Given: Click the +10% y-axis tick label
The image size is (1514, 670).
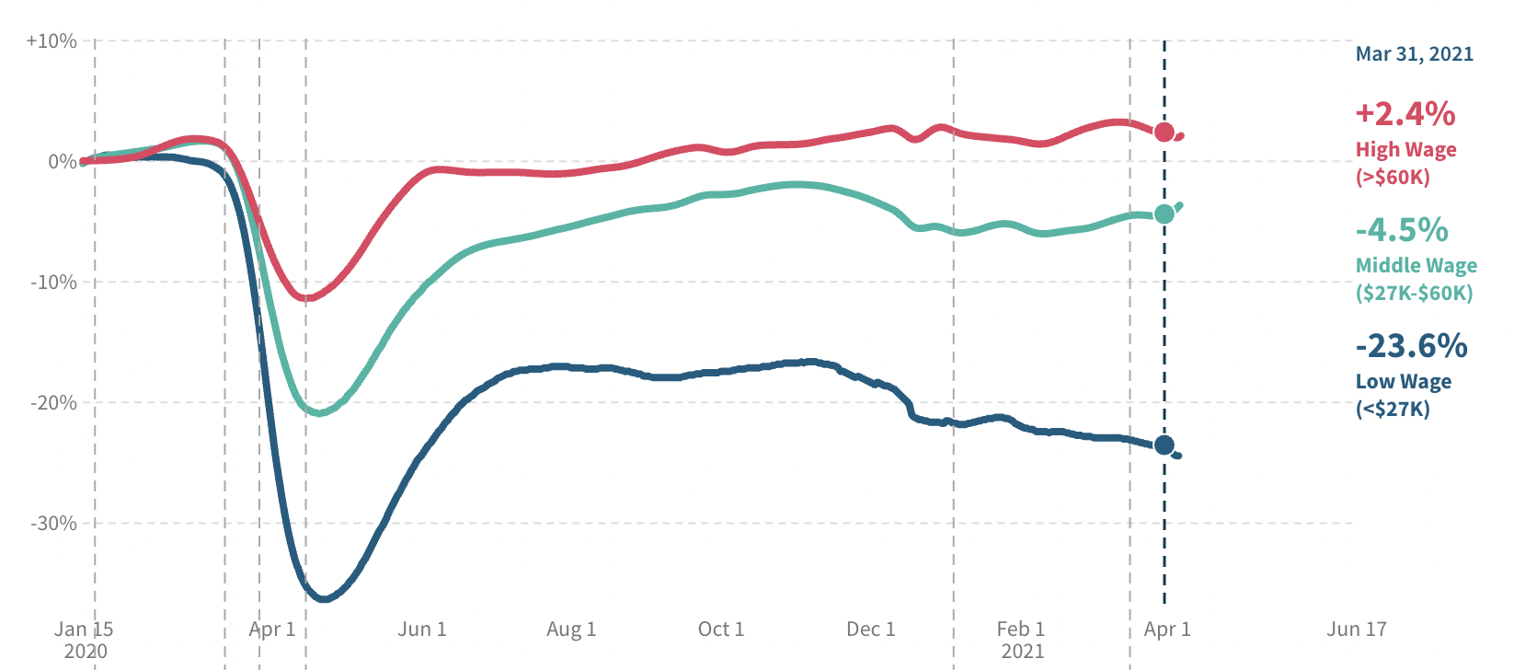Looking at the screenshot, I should point(52,41).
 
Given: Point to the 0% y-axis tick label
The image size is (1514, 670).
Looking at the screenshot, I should point(62,162).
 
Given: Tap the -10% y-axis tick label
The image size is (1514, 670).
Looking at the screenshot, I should point(53,283).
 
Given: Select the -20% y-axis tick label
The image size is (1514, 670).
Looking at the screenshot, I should point(53,403).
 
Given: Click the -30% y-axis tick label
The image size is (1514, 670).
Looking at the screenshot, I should point(53,524).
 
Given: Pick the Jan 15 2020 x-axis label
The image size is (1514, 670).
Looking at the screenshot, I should point(84,640).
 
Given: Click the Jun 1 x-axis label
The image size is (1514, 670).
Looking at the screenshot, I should point(422,630).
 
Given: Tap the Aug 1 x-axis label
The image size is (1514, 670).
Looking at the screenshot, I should point(571,630).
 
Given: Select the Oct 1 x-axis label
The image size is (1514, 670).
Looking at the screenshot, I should point(721,630).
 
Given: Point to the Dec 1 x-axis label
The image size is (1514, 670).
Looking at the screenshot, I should point(870,630).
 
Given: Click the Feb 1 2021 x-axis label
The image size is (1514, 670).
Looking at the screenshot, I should point(1021,640).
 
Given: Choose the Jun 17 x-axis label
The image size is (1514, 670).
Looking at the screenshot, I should point(1356,630).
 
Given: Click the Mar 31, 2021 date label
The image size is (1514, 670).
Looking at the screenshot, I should point(1414,54).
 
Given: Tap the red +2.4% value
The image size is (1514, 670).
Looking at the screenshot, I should point(1405,114).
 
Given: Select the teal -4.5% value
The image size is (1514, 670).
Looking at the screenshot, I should point(1402,230).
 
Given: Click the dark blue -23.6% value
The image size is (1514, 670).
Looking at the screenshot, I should point(1411,346).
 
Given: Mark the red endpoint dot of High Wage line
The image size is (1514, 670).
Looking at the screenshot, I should point(1164,133).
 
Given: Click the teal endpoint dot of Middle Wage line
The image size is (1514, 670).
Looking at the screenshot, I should point(1164,214).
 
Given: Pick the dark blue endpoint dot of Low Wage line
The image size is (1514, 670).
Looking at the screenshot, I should point(1164,445).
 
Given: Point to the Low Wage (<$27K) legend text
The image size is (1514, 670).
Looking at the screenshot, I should point(1403,395).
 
